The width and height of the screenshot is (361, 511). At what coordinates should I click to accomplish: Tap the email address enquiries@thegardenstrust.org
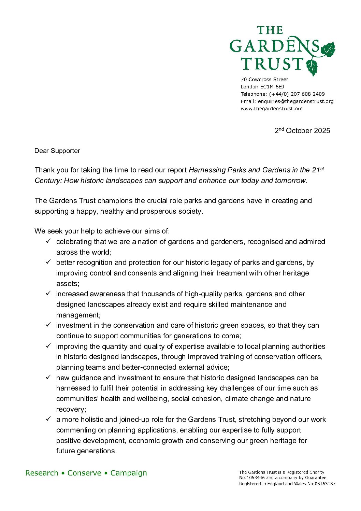295,101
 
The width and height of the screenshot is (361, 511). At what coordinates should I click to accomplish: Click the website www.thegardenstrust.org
272,109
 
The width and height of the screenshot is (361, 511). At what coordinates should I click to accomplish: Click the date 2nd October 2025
302,131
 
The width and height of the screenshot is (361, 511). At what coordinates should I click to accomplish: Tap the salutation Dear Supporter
57,151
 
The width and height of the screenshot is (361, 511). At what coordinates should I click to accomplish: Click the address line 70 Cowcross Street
264,80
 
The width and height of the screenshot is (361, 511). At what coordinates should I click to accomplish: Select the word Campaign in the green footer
129,473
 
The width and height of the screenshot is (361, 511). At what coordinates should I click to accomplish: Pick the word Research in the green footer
42,473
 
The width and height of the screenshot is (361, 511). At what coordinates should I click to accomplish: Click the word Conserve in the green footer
84,473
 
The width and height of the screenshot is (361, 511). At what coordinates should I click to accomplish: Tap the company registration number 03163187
324,484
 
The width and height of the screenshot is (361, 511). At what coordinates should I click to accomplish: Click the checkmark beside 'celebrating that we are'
48,241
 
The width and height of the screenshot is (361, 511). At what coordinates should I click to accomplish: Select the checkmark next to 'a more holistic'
48,419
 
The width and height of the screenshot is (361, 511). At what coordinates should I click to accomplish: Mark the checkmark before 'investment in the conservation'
48,325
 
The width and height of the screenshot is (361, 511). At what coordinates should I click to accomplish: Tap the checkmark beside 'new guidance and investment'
48,378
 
